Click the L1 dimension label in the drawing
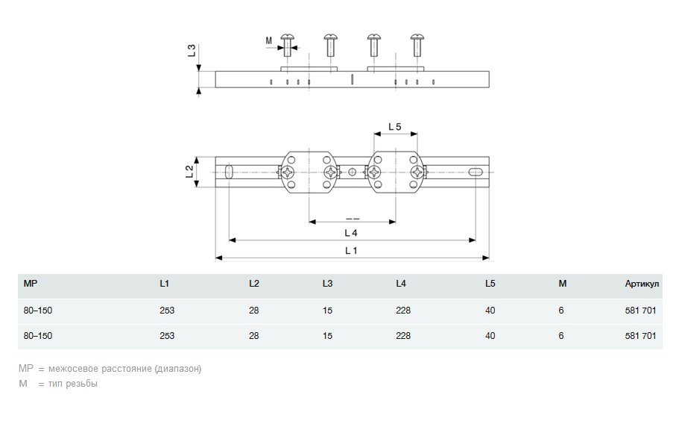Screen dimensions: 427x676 [x=351, y=251]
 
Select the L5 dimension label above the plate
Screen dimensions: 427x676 [x=395, y=127]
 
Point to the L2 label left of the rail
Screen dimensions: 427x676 [x=190, y=172]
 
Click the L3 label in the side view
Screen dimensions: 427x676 [x=192, y=51]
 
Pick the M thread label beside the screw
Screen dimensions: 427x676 [x=269, y=40]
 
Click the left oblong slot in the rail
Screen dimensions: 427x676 [x=230, y=172]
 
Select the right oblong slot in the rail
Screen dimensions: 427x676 [x=475, y=172]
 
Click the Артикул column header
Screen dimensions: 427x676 [x=642, y=284]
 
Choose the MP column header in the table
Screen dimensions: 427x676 [x=31, y=284]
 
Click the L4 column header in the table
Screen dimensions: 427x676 [x=401, y=284]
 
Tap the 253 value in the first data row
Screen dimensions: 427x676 [x=167, y=311]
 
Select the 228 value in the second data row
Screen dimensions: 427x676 [x=403, y=336]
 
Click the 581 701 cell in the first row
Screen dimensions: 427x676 [x=641, y=311]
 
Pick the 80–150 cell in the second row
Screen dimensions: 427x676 [x=38, y=336]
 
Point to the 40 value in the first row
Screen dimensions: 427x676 [x=490, y=311]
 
